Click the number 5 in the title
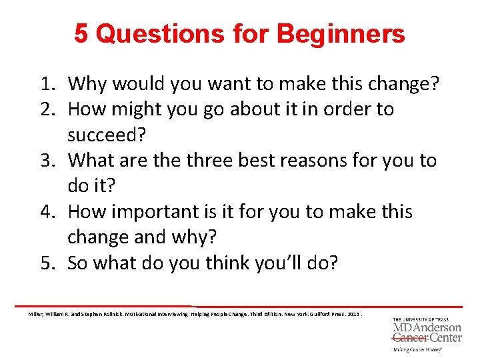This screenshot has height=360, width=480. [x=81, y=33]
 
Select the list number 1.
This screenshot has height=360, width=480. [x=47, y=84]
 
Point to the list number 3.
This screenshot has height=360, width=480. [x=47, y=161]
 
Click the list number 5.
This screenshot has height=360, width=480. [x=47, y=263]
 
